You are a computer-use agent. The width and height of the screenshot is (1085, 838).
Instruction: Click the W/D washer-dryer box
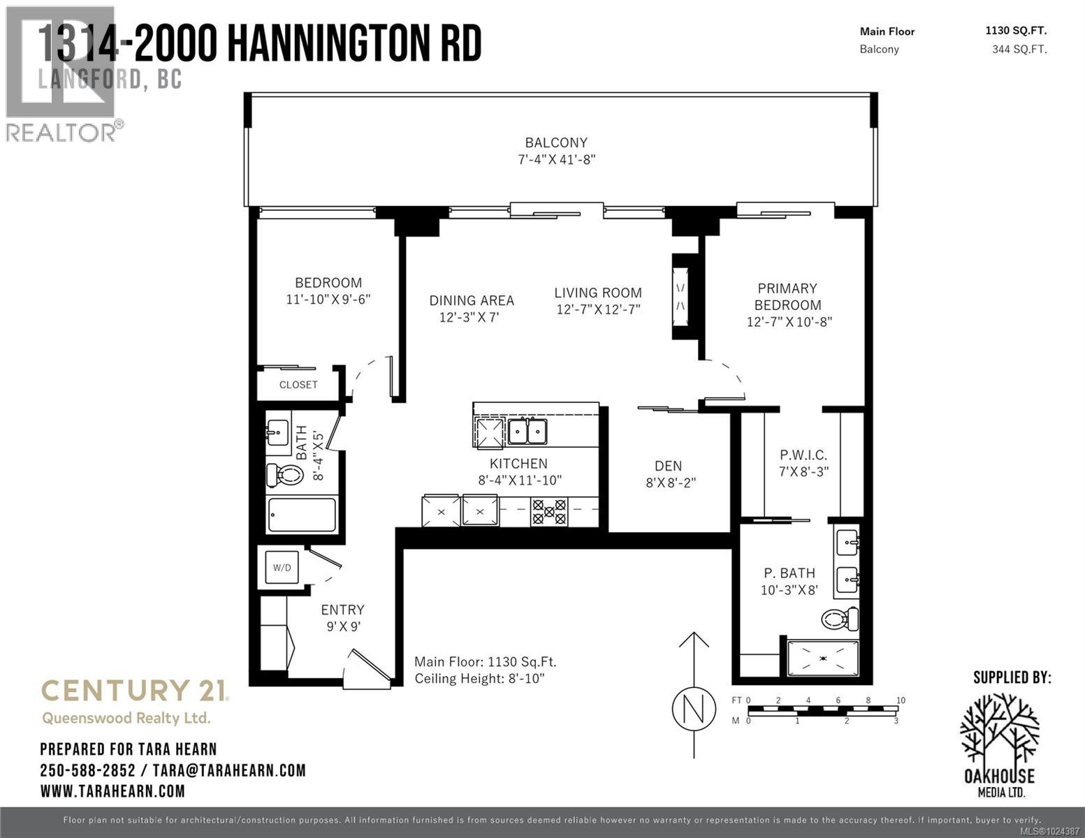point(282,568)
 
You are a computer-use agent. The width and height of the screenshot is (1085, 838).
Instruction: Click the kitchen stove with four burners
point(549,510)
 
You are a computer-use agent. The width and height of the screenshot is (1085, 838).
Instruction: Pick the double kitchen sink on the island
point(527,432)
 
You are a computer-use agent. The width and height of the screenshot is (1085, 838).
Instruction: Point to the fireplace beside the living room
point(681,297)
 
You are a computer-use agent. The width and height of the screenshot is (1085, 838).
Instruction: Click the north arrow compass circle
point(694,709)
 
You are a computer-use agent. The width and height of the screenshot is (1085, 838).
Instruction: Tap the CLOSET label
point(298,385)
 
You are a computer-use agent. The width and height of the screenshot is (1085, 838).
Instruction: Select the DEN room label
point(668,466)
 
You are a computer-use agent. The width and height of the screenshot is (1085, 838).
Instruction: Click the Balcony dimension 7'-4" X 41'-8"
point(556,160)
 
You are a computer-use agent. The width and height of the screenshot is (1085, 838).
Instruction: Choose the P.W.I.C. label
point(803,455)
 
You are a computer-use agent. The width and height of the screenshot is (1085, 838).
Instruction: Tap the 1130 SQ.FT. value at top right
point(1016,31)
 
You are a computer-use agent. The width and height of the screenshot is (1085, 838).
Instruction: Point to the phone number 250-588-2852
point(87,770)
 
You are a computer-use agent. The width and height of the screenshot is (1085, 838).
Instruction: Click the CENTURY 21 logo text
point(134,691)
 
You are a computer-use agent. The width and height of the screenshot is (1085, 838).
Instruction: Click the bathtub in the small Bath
point(303,515)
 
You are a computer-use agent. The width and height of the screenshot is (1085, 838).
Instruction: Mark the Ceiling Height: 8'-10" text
point(479,679)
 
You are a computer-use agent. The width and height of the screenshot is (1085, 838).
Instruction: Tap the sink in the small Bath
point(277,432)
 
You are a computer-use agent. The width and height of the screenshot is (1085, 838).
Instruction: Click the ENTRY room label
point(342,610)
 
